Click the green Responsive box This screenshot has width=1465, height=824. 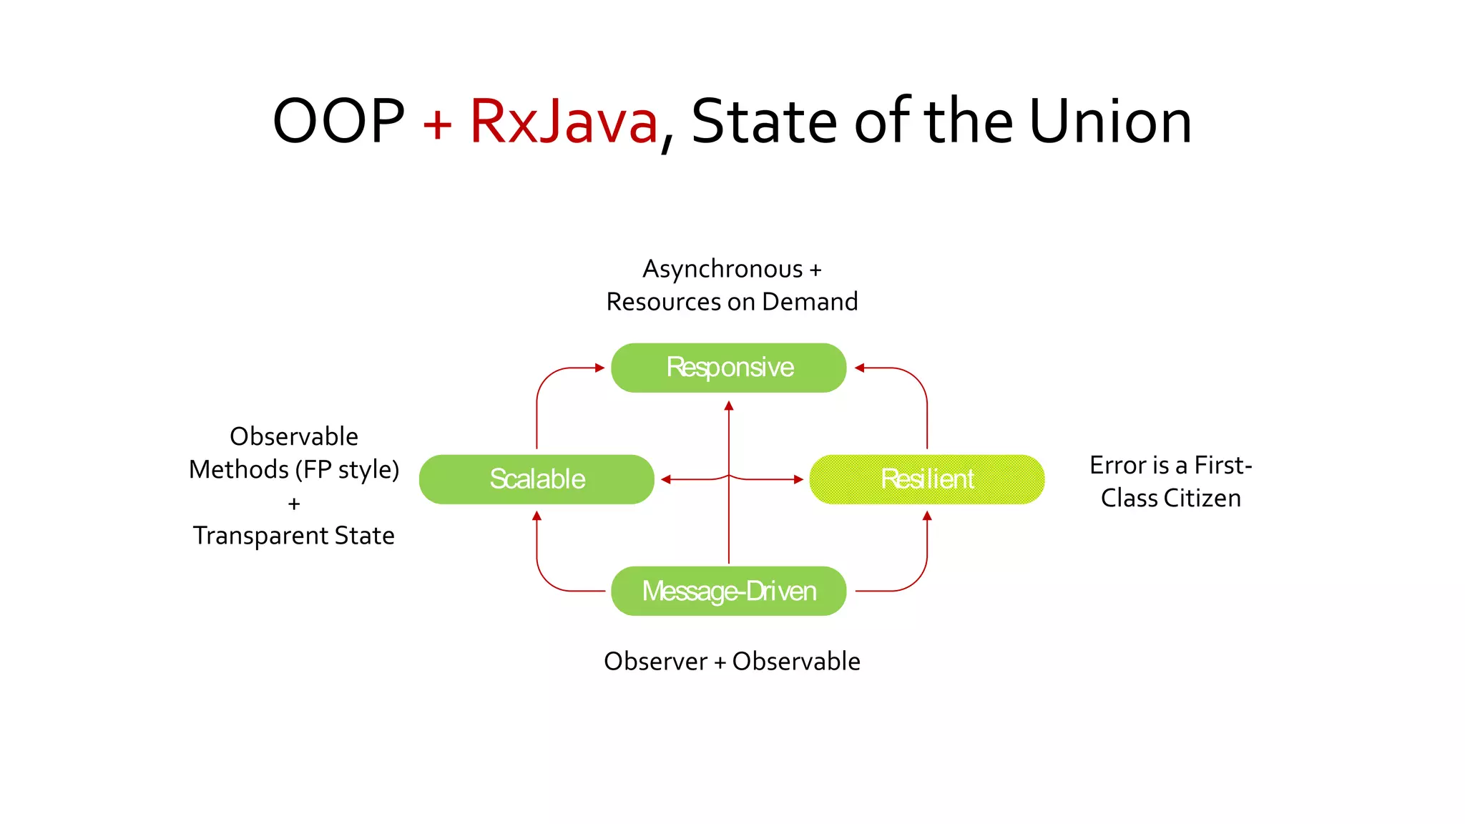[728, 368]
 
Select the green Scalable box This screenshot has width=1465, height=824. [536, 479]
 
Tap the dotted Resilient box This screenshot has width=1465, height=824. [926, 479]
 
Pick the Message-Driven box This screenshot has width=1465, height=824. [728, 591]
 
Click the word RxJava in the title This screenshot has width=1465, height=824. [563, 122]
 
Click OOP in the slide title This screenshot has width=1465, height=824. [338, 122]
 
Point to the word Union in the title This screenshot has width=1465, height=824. [1110, 122]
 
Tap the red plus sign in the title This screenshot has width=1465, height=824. [437, 124]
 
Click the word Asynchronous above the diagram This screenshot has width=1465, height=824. [722, 269]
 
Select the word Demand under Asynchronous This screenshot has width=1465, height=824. [810, 302]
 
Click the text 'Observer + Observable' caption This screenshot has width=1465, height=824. [732, 662]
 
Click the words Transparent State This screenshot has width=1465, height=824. [293, 536]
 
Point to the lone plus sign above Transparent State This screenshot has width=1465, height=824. [293, 504]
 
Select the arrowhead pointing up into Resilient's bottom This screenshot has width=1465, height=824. [927, 516]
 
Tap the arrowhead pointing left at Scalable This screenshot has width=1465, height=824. [666, 479]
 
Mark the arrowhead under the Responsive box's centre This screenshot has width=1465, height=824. [729, 406]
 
